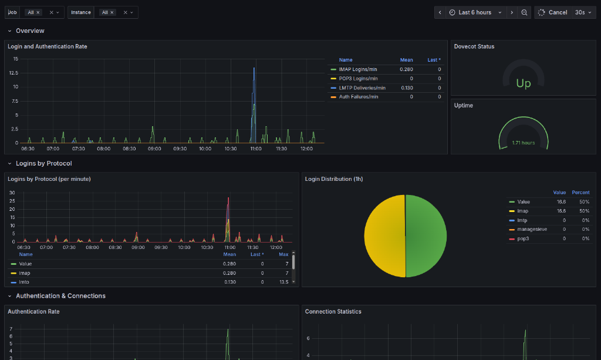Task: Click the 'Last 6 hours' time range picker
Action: [x=475, y=12]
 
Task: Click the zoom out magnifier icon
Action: [x=524, y=12]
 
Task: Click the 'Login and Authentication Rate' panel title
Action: [x=48, y=46]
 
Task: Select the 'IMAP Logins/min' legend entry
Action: [x=358, y=69]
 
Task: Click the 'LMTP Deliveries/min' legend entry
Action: [x=362, y=88]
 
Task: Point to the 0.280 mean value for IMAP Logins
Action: [x=406, y=69]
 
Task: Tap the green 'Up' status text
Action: [x=523, y=83]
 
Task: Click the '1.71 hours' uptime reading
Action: [x=523, y=143]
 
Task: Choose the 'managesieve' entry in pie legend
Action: [x=532, y=229]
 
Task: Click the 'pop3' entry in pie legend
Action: [x=524, y=238]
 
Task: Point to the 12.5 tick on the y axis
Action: [x=13, y=73]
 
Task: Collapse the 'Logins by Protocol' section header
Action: [x=43, y=163]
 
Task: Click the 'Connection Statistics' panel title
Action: [x=333, y=311]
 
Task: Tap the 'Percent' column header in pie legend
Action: [x=580, y=192]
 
